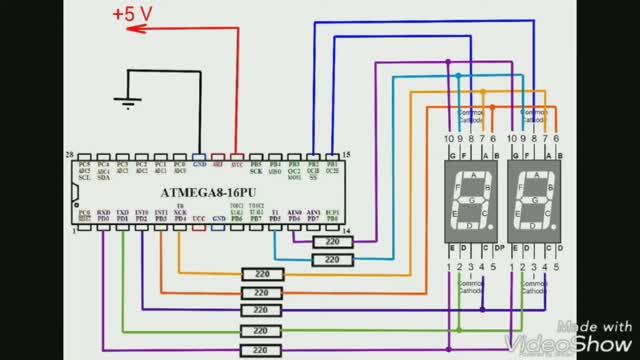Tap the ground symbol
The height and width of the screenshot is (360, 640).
click(x=125, y=101)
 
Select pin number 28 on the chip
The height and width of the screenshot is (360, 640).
click(x=68, y=156)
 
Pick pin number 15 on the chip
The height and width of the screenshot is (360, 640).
click(x=346, y=156)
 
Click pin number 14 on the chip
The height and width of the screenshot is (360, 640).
click(x=346, y=232)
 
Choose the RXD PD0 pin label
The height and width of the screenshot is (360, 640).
click(x=102, y=216)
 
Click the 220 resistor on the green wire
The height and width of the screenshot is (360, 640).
click(x=261, y=330)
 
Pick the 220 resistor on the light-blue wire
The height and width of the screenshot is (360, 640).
click(x=261, y=311)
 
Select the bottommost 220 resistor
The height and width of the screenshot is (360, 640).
click(x=261, y=349)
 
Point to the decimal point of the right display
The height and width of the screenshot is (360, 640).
click(x=556, y=225)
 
